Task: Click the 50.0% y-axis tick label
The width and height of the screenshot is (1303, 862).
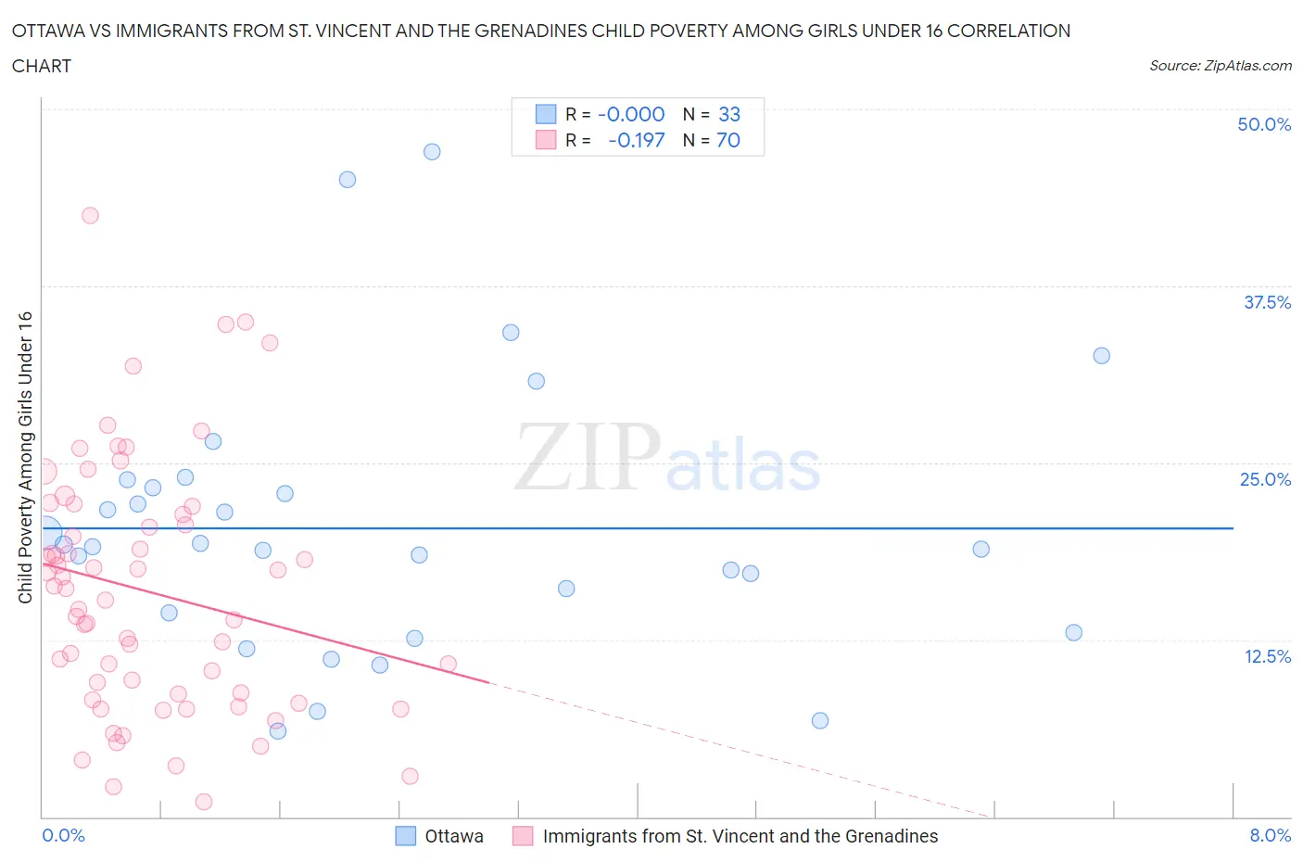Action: [x=1263, y=124]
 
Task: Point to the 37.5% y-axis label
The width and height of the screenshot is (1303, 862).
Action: [x=1266, y=302]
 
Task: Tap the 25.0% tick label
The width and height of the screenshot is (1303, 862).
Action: [x=1264, y=479]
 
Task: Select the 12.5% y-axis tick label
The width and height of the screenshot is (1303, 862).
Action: [x=1266, y=656]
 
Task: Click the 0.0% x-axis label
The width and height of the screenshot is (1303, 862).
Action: [x=63, y=835]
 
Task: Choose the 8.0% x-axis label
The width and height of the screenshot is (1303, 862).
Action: [x=1269, y=835]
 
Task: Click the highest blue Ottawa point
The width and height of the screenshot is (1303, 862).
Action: [x=432, y=152]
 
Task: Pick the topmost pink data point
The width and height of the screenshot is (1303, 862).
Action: [x=90, y=215]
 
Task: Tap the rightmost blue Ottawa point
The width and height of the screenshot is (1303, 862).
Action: [x=1101, y=356]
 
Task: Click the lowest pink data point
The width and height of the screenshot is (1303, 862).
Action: [x=204, y=802]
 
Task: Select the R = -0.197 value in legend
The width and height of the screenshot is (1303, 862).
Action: [x=636, y=140]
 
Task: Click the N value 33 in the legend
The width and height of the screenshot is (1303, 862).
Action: [x=729, y=114]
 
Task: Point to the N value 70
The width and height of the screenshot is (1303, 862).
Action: [x=728, y=140]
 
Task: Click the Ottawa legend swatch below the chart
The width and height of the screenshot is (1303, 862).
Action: [x=406, y=836]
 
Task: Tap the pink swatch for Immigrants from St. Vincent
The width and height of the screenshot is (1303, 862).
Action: [x=524, y=836]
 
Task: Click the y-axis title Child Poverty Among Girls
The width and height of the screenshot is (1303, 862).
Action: [x=25, y=457]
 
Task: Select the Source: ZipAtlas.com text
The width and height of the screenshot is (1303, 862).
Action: [x=1220, y=66]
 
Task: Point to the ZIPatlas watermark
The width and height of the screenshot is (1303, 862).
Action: [x=667, y=459]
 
